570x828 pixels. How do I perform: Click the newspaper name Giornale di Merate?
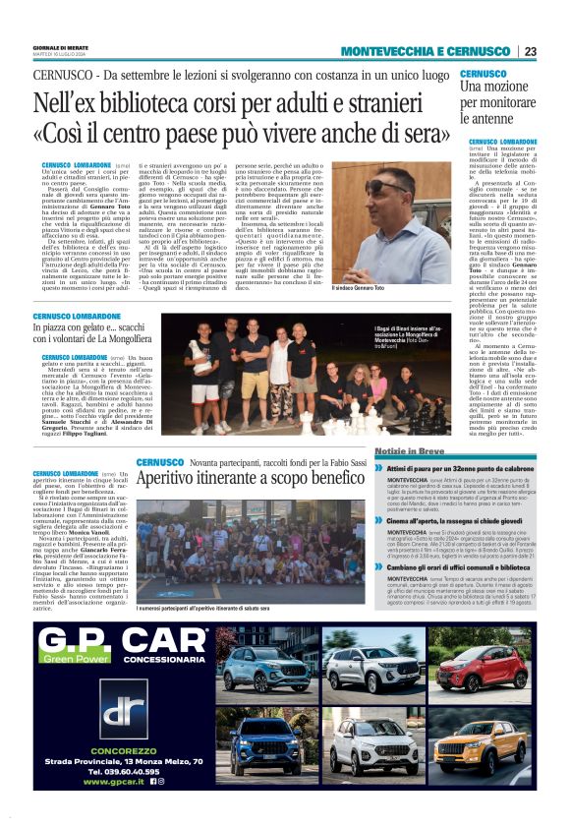pyautogui.click(x=58, y=46)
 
